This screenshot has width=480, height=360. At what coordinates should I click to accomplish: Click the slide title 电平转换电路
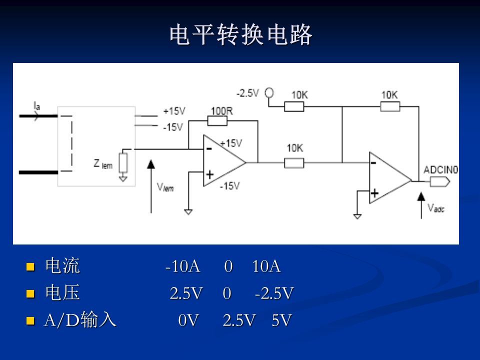(240, 35)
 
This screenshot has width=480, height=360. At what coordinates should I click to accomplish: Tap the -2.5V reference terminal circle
(269, 92)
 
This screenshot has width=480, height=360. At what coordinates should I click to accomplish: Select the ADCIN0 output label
(440, 170)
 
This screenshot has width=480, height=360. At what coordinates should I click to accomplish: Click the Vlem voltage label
(165, 187)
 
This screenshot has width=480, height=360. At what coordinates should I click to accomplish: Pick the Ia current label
(37, 105)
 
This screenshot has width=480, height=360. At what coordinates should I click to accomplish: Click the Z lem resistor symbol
(123, 162)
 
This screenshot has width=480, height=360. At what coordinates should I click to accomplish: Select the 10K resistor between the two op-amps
(294, 162)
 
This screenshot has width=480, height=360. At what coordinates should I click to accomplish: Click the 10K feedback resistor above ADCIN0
(390, 106)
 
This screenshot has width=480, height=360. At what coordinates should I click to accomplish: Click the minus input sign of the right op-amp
(373, 163)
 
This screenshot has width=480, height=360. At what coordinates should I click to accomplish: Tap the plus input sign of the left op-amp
(210, 174)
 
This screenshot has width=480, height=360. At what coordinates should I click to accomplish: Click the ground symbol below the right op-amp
(357, 216)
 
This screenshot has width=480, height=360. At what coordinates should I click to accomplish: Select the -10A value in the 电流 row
(183, 267)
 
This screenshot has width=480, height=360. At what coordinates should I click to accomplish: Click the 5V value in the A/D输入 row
(281, 320)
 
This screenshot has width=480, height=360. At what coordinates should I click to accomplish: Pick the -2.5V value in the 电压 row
(273, 293)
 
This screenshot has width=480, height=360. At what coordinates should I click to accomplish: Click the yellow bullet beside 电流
(30, 267)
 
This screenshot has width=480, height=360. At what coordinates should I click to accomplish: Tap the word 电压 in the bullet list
(62, 293)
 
